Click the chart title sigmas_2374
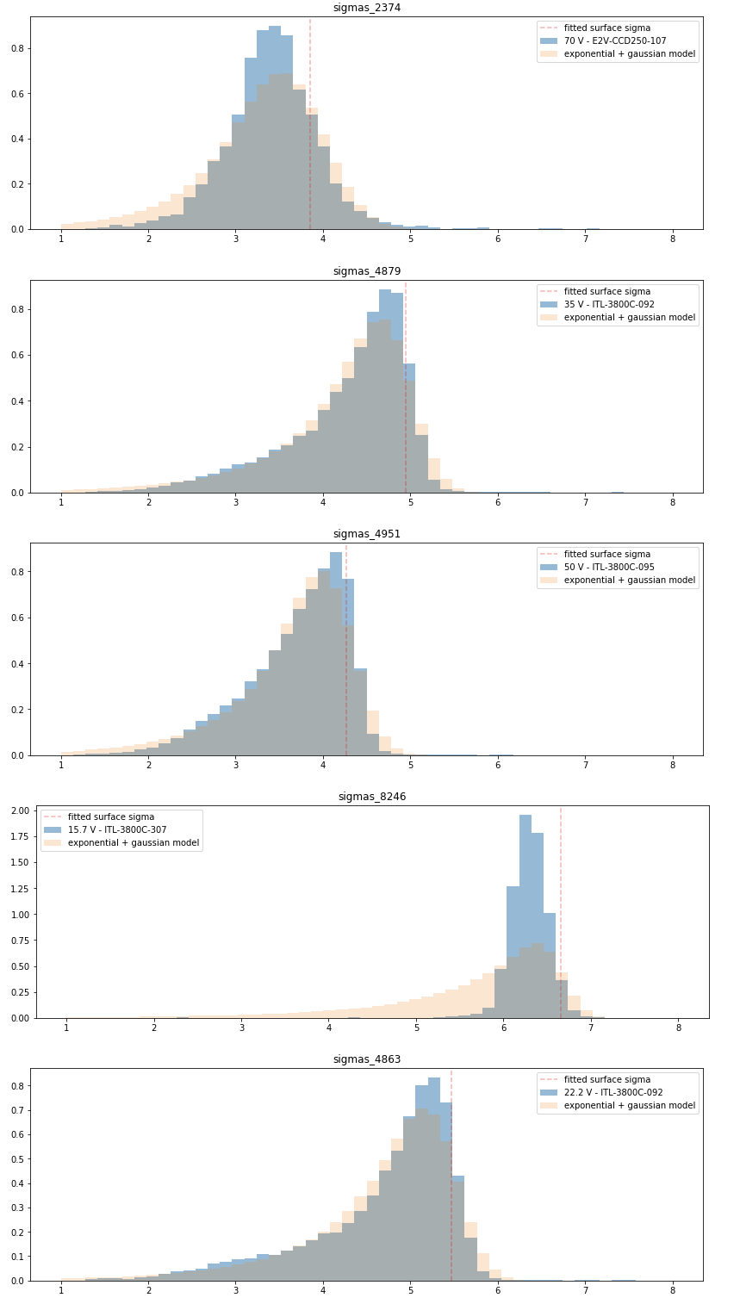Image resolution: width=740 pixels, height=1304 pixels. click(x=367, y=8)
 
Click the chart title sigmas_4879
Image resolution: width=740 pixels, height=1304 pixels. click(x=367, y=271)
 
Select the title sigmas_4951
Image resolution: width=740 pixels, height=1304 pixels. click(x=367, y=534)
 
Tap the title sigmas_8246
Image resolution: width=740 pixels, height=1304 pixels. click(x=370, y=797)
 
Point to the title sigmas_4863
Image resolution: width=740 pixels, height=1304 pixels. click(x=367, y=1059)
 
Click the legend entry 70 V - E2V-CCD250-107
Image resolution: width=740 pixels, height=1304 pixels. click(x=615, y=40)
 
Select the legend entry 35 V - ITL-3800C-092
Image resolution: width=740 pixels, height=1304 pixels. click(x=615, y=304)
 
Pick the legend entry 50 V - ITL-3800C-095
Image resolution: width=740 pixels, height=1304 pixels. click(x=615, y=567)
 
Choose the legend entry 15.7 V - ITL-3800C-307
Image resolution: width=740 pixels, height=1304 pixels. click(x=117, y=829)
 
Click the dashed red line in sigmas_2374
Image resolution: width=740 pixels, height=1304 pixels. click(x=310, y=129)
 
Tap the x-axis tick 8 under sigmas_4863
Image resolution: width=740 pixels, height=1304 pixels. click(x=673, y=1292)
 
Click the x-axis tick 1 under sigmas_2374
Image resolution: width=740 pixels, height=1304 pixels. click(x=61, y=240)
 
